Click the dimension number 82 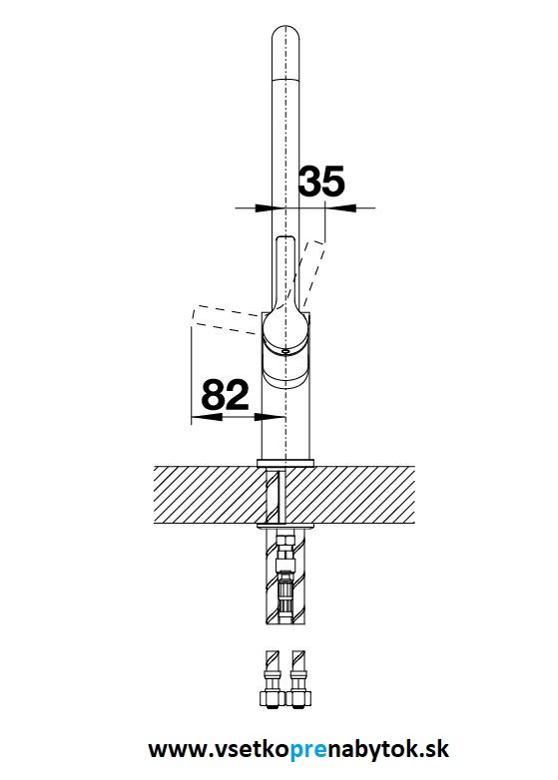(x=225, y=394)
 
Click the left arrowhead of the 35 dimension (x=266, y=207)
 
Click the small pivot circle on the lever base (x=284, y=352)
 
